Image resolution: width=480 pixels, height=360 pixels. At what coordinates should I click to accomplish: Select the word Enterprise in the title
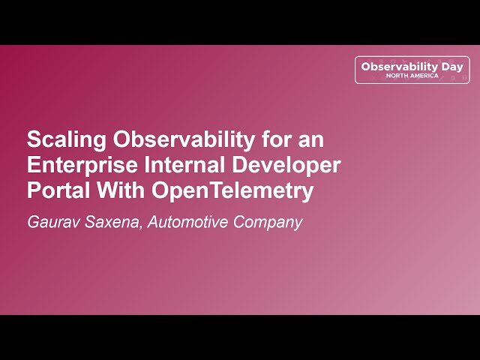tap(78, 165)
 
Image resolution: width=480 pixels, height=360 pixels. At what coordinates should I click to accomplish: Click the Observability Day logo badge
tap(412, 70)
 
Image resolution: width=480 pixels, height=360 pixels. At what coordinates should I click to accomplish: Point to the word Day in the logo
tap(451, 66)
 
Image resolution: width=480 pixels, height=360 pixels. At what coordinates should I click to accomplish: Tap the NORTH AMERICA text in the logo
tap(412, 76)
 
